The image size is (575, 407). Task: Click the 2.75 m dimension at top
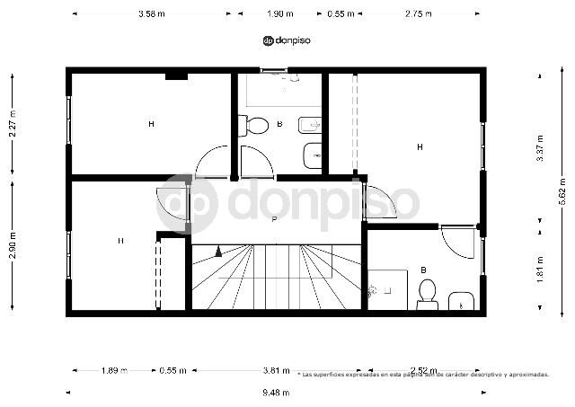(x=419, y=13)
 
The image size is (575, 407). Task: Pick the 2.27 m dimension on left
(x=13, y=122)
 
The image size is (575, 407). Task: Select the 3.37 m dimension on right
(x=539, y=146)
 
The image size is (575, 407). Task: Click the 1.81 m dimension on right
(x=539, y=269)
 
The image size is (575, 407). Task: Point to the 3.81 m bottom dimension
(x=277, y=370)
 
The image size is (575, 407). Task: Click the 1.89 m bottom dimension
(x=113, y=370)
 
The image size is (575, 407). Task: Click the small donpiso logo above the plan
(x=286, y=40)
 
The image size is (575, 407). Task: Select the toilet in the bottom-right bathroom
(x=427, y=292)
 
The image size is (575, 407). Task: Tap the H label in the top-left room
(x=151, y=124)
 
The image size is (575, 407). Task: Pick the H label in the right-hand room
(x=420, y=146)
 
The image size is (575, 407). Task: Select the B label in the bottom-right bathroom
(x=423, y=270)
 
